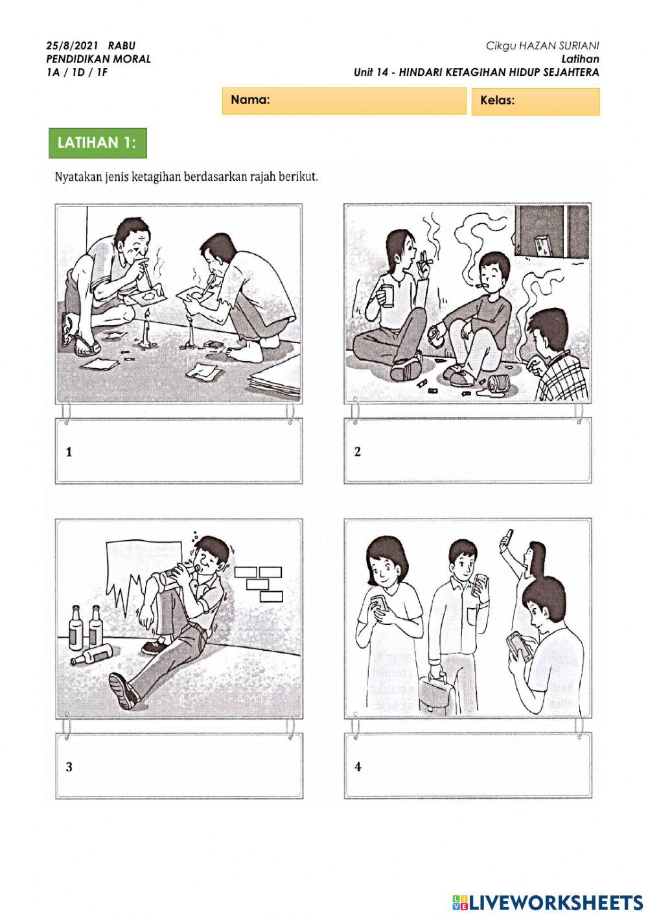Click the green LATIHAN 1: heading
[97, 143]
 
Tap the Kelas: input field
[535, 101]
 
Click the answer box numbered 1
[178, 451]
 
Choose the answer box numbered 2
[467, 451]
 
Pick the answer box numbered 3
[179, 766]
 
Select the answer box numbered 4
[467, 766]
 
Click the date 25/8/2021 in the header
[72, 46]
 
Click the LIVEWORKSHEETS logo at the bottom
[548, 902]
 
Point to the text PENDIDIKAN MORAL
[98, 59]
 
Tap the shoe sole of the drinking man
[123, 690]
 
